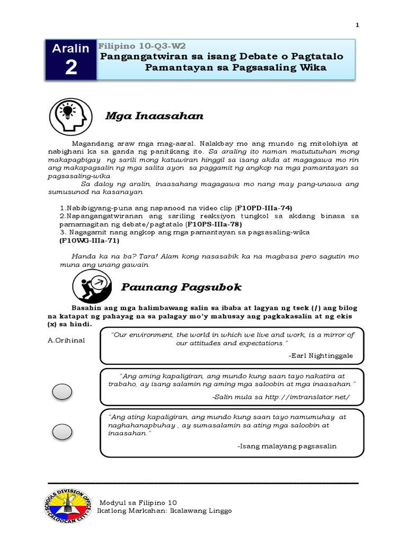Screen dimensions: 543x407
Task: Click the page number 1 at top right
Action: tap(357, 25)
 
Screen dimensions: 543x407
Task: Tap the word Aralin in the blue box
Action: tap(71, 49)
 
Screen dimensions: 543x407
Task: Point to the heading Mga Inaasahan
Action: tap(155, 116)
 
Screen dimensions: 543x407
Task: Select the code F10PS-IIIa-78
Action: tap(213, 224)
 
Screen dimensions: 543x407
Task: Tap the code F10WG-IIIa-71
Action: tap(86, 240)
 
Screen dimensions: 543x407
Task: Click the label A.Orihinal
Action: tap(66, 340)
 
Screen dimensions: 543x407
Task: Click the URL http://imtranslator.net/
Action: tap(307, 397)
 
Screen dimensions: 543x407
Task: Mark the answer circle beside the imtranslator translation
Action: tap(63, 392)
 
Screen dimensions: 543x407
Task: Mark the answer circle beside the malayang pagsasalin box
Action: tap(63, 432)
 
